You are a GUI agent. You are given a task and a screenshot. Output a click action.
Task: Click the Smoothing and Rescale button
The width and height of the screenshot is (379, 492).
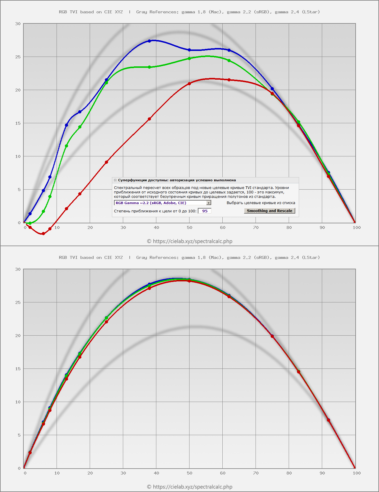tap(269, 211)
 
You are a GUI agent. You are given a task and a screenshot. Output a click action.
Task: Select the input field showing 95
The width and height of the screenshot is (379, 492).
tap(205, 211)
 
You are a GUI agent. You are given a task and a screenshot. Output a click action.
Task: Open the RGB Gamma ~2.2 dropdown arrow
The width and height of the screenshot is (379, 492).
tap(209, 203)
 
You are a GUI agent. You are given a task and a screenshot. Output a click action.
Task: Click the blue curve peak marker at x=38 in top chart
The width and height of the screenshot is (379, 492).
tap(149, 41)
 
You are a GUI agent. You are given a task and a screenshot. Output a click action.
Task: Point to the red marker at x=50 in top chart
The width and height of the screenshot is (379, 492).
tap(189, 84)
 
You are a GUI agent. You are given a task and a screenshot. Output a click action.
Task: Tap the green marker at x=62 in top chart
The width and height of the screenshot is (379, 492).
tap(229, 60)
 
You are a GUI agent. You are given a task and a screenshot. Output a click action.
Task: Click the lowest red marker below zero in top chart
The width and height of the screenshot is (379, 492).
tap(43, 234)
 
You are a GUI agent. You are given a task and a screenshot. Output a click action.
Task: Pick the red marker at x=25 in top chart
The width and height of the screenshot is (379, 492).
tap(106, 162)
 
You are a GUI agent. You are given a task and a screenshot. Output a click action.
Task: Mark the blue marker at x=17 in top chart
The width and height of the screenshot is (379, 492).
tap(80, 112)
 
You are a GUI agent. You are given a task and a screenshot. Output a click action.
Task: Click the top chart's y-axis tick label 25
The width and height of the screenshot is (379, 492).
tap(18, 57)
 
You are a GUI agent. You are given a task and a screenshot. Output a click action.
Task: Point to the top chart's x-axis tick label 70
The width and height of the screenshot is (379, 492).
tap(256, 227)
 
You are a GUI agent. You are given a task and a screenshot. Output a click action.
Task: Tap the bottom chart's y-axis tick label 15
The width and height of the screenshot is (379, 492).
tap(18, 369)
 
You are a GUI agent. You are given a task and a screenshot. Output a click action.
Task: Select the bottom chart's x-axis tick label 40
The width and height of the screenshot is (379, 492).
tap(156, 473)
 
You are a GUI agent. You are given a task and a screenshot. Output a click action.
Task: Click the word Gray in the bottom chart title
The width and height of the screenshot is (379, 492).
tap(142, 257)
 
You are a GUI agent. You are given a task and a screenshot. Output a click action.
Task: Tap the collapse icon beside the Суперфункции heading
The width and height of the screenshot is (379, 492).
tap(115, 180)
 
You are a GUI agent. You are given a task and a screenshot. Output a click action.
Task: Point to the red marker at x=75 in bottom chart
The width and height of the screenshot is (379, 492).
tap(272, 336)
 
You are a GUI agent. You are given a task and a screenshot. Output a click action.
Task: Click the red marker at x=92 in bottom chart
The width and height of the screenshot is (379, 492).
tap(328, 420)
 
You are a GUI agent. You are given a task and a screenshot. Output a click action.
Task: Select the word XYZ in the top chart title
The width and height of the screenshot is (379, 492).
tap(119, 12)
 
